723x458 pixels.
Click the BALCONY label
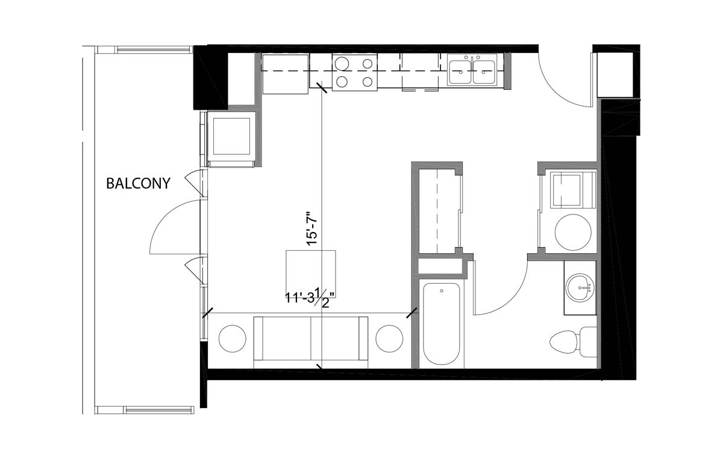coord(138,183)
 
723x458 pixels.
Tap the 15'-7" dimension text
coord(311,228)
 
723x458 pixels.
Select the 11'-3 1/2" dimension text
coord(311,296)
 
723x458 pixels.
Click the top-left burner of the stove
coord(342,63)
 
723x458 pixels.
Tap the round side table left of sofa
coord(232,339)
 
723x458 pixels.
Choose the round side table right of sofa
coord(389,339)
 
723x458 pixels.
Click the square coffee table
coord(311,271)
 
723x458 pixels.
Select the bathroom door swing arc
coord(503,295)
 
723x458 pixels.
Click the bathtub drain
coord(442,292)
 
